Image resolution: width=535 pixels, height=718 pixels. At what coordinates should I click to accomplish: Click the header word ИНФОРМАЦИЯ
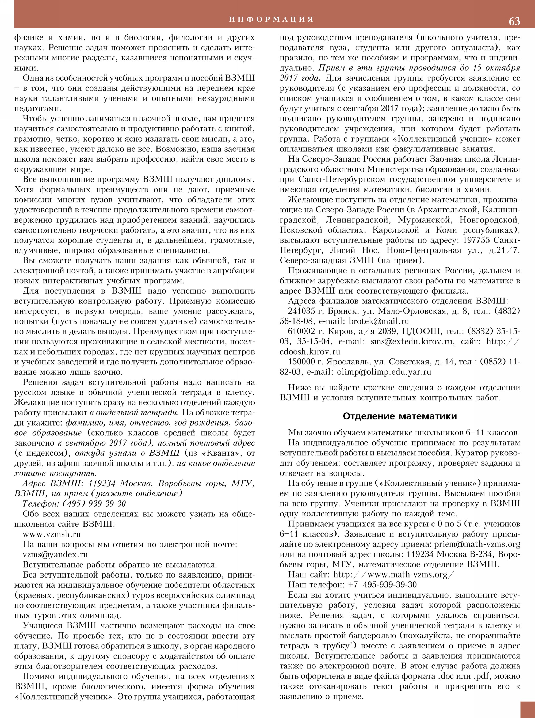pos(271,20)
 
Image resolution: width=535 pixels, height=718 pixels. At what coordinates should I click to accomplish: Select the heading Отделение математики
pos(400,416)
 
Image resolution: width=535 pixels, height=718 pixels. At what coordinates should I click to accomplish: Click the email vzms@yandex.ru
pos(55,554)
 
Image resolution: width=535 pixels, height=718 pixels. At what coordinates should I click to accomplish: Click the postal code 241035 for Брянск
pos(301,311)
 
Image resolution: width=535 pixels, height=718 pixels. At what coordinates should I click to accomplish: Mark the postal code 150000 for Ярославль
pos(301,362)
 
